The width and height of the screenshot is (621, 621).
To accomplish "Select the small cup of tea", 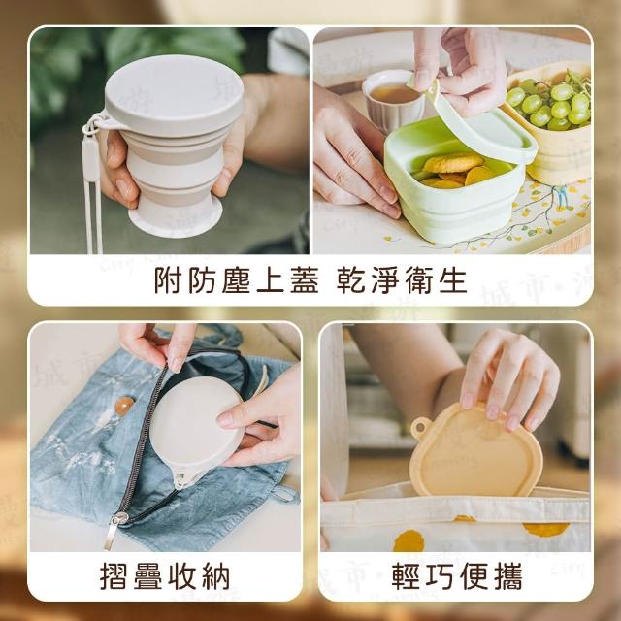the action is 393,99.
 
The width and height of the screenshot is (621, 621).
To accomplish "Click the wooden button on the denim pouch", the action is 124,406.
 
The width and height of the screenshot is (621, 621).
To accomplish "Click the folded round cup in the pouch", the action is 196,430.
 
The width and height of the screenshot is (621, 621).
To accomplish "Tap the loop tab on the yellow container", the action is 420,427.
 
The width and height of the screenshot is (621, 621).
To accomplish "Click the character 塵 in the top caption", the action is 236,280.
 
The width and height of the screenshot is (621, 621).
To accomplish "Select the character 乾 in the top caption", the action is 351,280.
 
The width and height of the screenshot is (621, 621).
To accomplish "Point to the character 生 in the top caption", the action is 453,280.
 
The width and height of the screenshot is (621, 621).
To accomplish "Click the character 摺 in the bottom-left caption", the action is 114,576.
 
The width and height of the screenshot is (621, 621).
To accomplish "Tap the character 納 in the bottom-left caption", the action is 215,576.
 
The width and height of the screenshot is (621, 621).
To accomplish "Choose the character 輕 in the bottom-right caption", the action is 407,576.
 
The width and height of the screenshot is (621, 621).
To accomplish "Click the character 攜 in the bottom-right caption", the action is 508,576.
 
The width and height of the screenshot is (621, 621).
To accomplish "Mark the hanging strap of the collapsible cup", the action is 92,186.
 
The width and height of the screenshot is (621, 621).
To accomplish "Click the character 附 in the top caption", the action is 169,280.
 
